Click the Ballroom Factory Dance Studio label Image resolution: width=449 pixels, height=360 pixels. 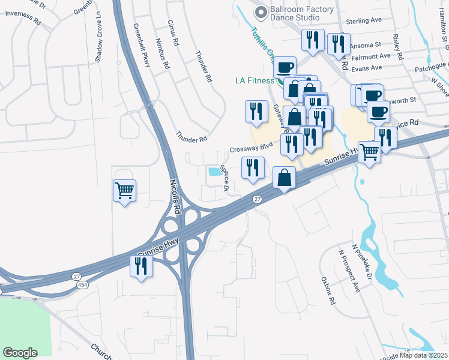pyautogui.click(x=302, y=14)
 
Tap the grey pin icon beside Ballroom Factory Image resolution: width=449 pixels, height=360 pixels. pyautogui.click(x=260, y=12)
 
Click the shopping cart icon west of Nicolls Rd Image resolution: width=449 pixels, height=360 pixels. pyautogui.click(x=124, y=191)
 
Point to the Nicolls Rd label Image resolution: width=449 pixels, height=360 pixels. pyautogui.click(x=175, y=197)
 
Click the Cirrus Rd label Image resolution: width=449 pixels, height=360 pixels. pyautogui.click(x=173, y=32)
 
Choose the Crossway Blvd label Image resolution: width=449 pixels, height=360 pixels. pyautogui.click(x=251, y=148)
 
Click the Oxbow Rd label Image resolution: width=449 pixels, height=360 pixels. pyautogui.click(x=327, y=291)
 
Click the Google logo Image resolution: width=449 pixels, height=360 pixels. pyautogui.click(x=20, y=353)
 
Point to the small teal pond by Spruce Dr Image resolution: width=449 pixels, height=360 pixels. pyautogui.click(x=214, y=172)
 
